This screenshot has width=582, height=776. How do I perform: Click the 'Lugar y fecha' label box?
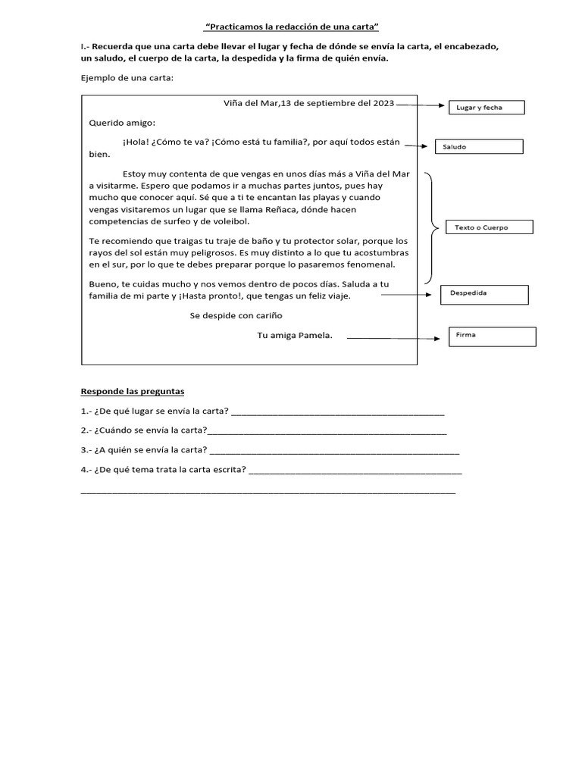(x=486, y=108)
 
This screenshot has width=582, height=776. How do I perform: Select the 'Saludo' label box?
(x=478, y=147)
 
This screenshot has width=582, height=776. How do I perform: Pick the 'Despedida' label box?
(x=484, y=294)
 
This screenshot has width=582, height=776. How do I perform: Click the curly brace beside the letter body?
(x=431, y=227)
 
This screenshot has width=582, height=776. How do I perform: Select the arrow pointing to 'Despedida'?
(x=409, y=295)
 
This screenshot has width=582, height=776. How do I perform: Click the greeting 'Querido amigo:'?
(x=122, y=122)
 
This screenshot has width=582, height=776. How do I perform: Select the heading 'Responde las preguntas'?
(x=133, y=392)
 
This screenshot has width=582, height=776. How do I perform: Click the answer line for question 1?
(x=337, y=414)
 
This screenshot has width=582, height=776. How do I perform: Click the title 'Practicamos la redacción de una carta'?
(x=291, y=27)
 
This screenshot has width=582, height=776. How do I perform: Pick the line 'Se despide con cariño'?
(x=236, y=315)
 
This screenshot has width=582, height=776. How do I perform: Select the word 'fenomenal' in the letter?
(x=385, y=265)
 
